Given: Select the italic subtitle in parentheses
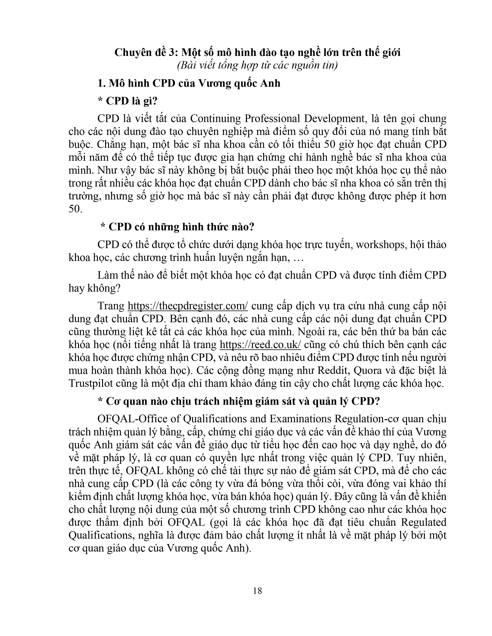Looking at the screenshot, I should (257, 65).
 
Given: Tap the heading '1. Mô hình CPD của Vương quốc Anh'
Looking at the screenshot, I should (189, 83).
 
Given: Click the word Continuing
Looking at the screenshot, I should (216, 119).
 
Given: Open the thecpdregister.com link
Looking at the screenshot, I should (188, 306).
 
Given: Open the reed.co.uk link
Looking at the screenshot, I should (260, 345).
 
